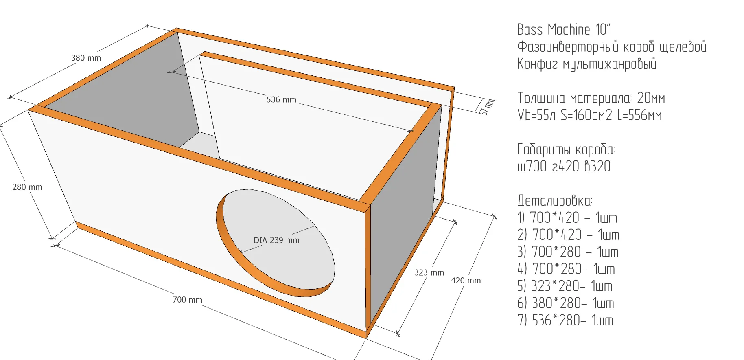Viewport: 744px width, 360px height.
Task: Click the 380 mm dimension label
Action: (x=86, y=58)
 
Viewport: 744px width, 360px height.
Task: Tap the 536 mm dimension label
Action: (x=281, y=99)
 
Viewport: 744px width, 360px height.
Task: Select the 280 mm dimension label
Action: (x=27, y=187)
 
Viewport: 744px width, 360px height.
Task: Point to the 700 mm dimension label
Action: (x=187, y=300)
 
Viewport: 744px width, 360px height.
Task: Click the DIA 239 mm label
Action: (x=276, y=240)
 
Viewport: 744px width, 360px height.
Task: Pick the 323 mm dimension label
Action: (x=429, y=272)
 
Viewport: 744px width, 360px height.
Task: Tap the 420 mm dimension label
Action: (x=466, y=281)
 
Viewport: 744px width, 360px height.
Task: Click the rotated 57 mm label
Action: (x=487, y=107)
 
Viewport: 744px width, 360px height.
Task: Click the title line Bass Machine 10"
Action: (x=563, y=30)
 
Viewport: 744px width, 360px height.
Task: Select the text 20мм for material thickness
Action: (x=651, y=98)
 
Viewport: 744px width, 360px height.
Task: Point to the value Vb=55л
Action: (x=536, y=115)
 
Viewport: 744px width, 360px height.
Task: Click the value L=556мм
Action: (x=639, y=115)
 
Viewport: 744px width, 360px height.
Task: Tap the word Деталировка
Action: (x=554, y=201)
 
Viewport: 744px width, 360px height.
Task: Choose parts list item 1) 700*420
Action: (x=567, y=218)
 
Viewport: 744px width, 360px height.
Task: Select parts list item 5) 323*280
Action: (x=565, y=286)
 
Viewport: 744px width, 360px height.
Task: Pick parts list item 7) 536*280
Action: (x=565, y=320)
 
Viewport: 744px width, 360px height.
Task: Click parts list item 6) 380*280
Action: (x=565, y=303)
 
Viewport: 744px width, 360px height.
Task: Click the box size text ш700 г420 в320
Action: (x=564, y=167)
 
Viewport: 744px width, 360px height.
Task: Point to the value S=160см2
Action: (x=586, y=115)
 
